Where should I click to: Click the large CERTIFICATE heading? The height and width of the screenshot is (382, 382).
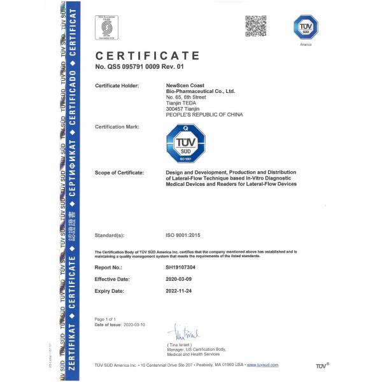147,57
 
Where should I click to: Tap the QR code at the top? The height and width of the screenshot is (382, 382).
256,26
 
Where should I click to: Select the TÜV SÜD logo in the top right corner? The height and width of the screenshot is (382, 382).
305,27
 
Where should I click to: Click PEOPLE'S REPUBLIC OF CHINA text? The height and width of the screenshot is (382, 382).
204,114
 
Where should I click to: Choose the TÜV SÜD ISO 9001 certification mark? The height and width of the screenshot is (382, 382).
185,144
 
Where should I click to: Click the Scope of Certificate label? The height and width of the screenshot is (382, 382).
119,173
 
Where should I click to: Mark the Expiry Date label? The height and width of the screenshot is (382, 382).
111,290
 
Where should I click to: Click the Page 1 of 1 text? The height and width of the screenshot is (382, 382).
106,318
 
